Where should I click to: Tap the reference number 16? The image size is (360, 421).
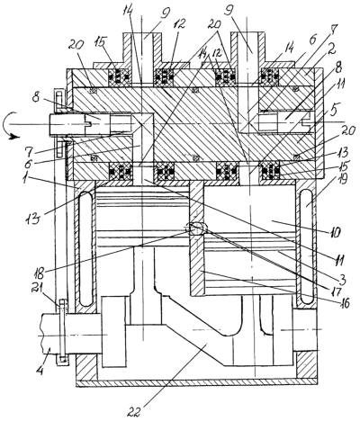(344, 303)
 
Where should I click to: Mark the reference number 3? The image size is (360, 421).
(342, 280)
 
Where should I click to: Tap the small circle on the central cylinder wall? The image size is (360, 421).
(196, 229)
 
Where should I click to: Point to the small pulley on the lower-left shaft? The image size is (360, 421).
(62, 332)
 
